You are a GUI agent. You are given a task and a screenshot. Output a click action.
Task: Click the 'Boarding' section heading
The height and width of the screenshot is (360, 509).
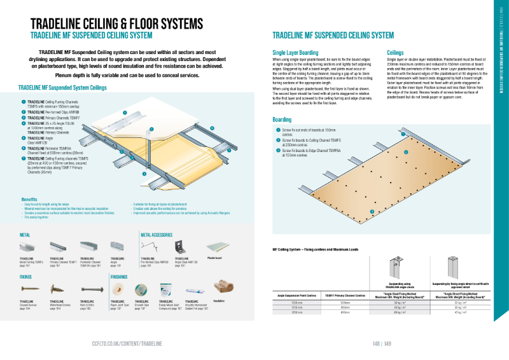pyautogui.click(x=282, y=120)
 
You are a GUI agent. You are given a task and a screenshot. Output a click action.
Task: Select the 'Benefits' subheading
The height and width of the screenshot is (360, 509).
pyautogui.click(x=29, y=199)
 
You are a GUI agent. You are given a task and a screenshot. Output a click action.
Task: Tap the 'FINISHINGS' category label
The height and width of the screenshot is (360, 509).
pyautogui.click(x=123, y=277)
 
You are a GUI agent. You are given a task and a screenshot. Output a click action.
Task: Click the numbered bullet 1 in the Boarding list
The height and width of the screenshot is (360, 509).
pyautogui.click(x=278, y=130)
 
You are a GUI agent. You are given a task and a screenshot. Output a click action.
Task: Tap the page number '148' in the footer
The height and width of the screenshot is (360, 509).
pyautogui.click(x=376, y=343)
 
